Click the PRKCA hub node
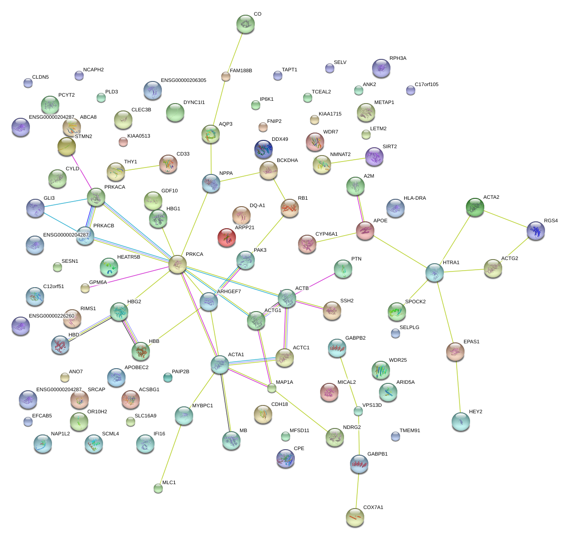(178, 265)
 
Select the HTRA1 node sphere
(435, 272)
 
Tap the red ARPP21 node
(226, 237)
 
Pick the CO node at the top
(246, 24)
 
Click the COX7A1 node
(355, 517)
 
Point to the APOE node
(365, 231)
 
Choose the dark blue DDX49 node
(263, 149)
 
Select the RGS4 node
(536, 231)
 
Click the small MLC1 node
(158, 488)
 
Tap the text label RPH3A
(398, 58)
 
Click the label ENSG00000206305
(184, 81)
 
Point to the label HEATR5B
(129, 257)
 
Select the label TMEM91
(410, 431)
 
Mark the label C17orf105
(427, 85)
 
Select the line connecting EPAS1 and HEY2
(458, 387)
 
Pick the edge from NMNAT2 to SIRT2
(348, 161)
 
